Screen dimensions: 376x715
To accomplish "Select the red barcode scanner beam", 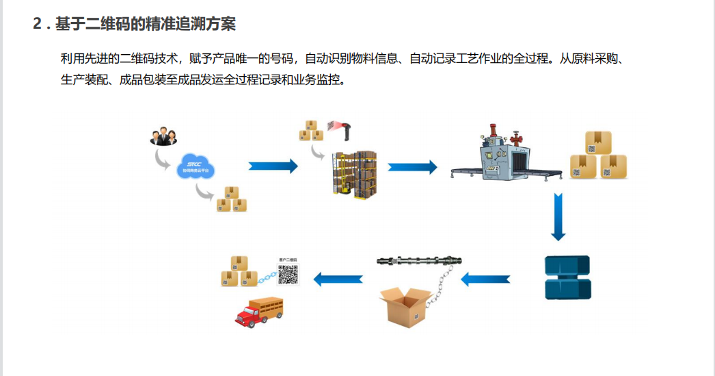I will click(x=336, y=125).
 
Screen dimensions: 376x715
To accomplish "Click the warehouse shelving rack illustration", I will click(x=355, y=175).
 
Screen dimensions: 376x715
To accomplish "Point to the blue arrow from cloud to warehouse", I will click(x=273, y=166).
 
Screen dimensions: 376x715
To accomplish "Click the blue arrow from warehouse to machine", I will click(x=412, y=166).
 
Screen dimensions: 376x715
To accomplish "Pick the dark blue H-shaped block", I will click(x=567, y=277).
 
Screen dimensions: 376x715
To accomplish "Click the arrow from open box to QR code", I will click(x=338, y=279).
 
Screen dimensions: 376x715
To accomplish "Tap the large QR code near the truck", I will click(x=288, y=274).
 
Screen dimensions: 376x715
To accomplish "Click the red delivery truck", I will click(x=259, y=312).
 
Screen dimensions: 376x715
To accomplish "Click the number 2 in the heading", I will click(x=38, y=24).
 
